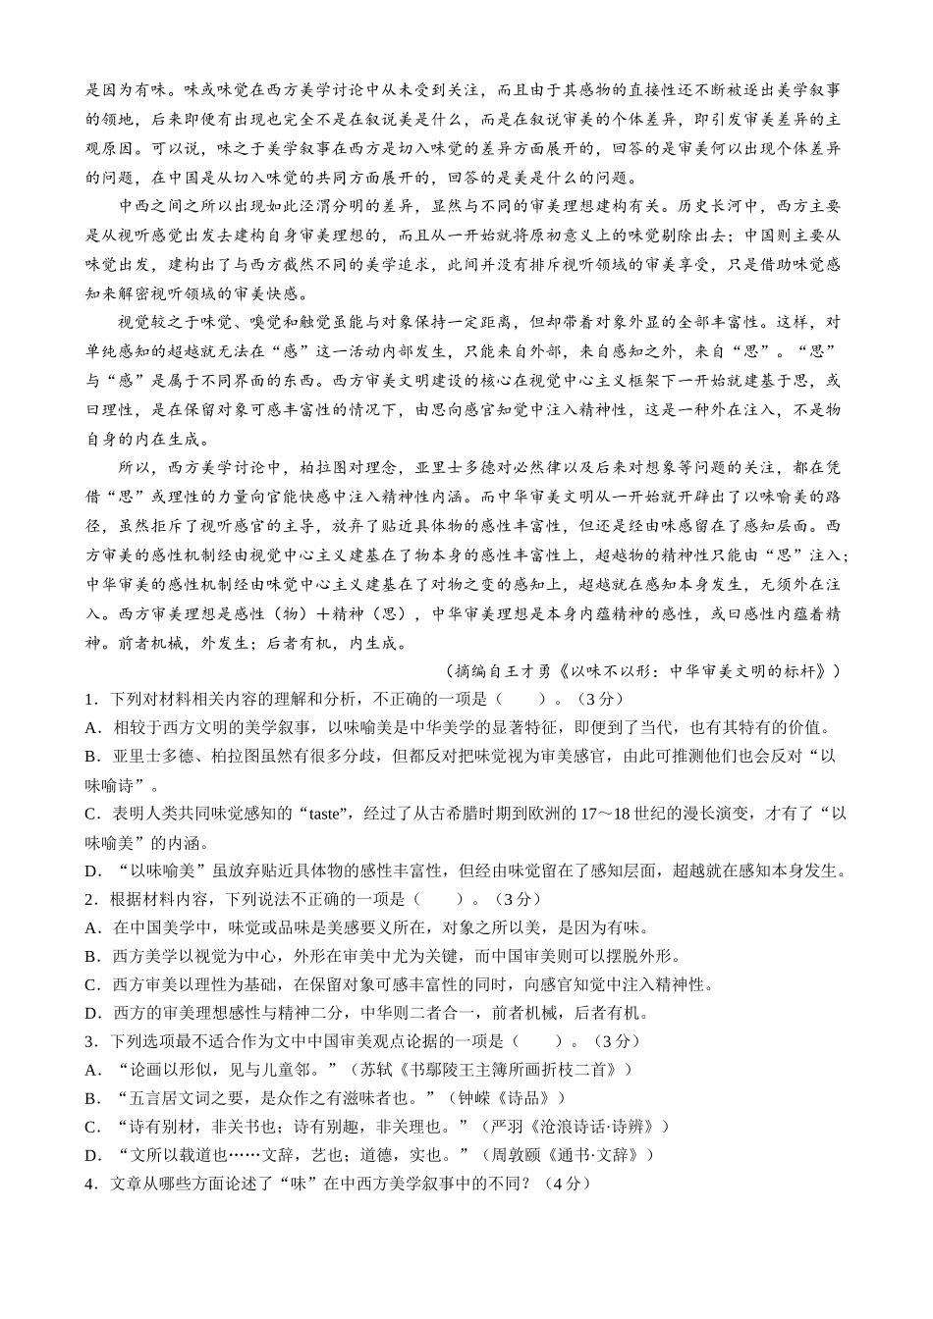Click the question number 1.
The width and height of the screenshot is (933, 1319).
[x=89, y=700]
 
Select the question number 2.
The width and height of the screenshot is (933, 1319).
[x=89, y=899]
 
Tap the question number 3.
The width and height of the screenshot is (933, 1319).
[x=89, y=1041]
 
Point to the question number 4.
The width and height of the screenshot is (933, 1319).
[x=89, y=1184]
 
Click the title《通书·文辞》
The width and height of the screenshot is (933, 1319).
[x=600, y=1155]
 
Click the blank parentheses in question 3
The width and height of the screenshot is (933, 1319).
[x=539, y=1041]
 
